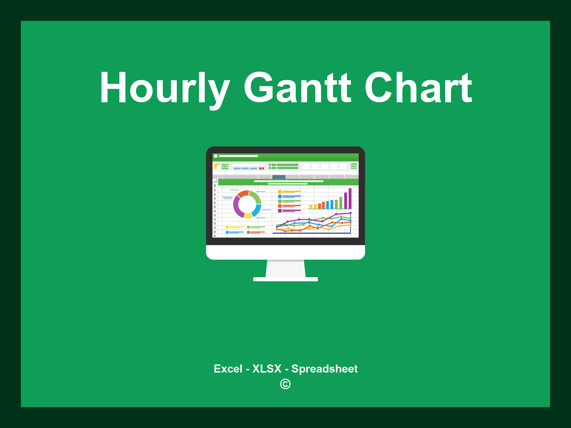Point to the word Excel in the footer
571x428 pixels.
coord(228,369)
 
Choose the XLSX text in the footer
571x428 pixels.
coord(267,369)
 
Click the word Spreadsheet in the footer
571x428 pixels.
coord(324,369)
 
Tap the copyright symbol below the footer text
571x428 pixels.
coord(285,384)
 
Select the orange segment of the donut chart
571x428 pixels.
coord(243,194)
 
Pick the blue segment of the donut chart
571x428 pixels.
coord(257,210)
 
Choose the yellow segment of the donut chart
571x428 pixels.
coord(248,215)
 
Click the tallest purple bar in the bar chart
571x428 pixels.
coord(350,198)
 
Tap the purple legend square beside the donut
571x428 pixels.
coord(280,211)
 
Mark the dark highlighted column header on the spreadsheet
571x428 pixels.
coord(279,177)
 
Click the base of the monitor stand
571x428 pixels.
coord(285,279)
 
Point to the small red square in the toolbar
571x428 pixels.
coord(260,169)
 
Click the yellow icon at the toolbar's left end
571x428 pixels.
coord(217,166)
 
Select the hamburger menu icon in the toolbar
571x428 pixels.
coord(354,166)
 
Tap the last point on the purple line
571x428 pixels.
coord(350,213)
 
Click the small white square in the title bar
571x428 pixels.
coord(216,156)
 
